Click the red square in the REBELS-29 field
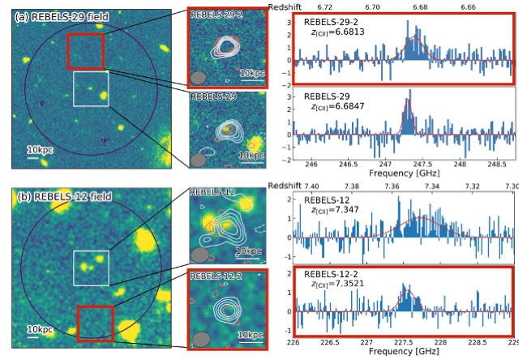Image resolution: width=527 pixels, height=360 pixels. pyautogui.click(x=85, y=51)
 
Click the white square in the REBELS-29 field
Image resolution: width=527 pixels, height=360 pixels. pyautogui.click(x=91, y=88)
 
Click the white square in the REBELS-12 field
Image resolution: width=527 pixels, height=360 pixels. pyautogui.click(x=91, y=268)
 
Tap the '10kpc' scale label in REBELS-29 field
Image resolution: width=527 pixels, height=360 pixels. pyautogui.click(x=41, y=149)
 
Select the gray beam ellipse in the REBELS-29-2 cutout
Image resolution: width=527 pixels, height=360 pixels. pyautogui.click(x=197, y=79)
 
